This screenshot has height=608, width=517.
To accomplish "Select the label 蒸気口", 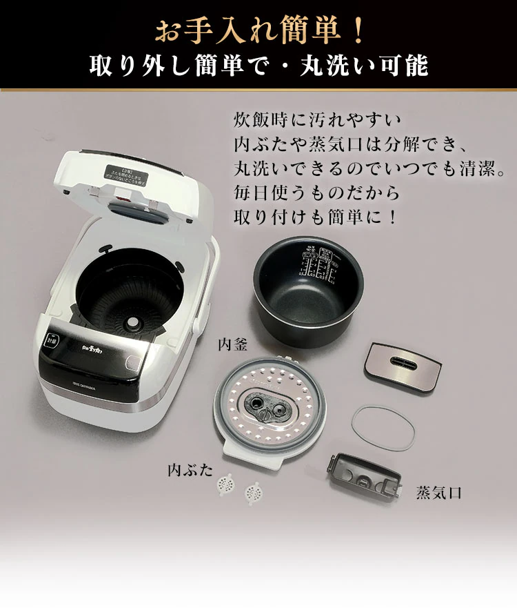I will (438, 493).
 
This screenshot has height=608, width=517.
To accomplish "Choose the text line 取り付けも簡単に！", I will (316, 215).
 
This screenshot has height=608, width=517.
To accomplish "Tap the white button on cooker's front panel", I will (52, 340).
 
